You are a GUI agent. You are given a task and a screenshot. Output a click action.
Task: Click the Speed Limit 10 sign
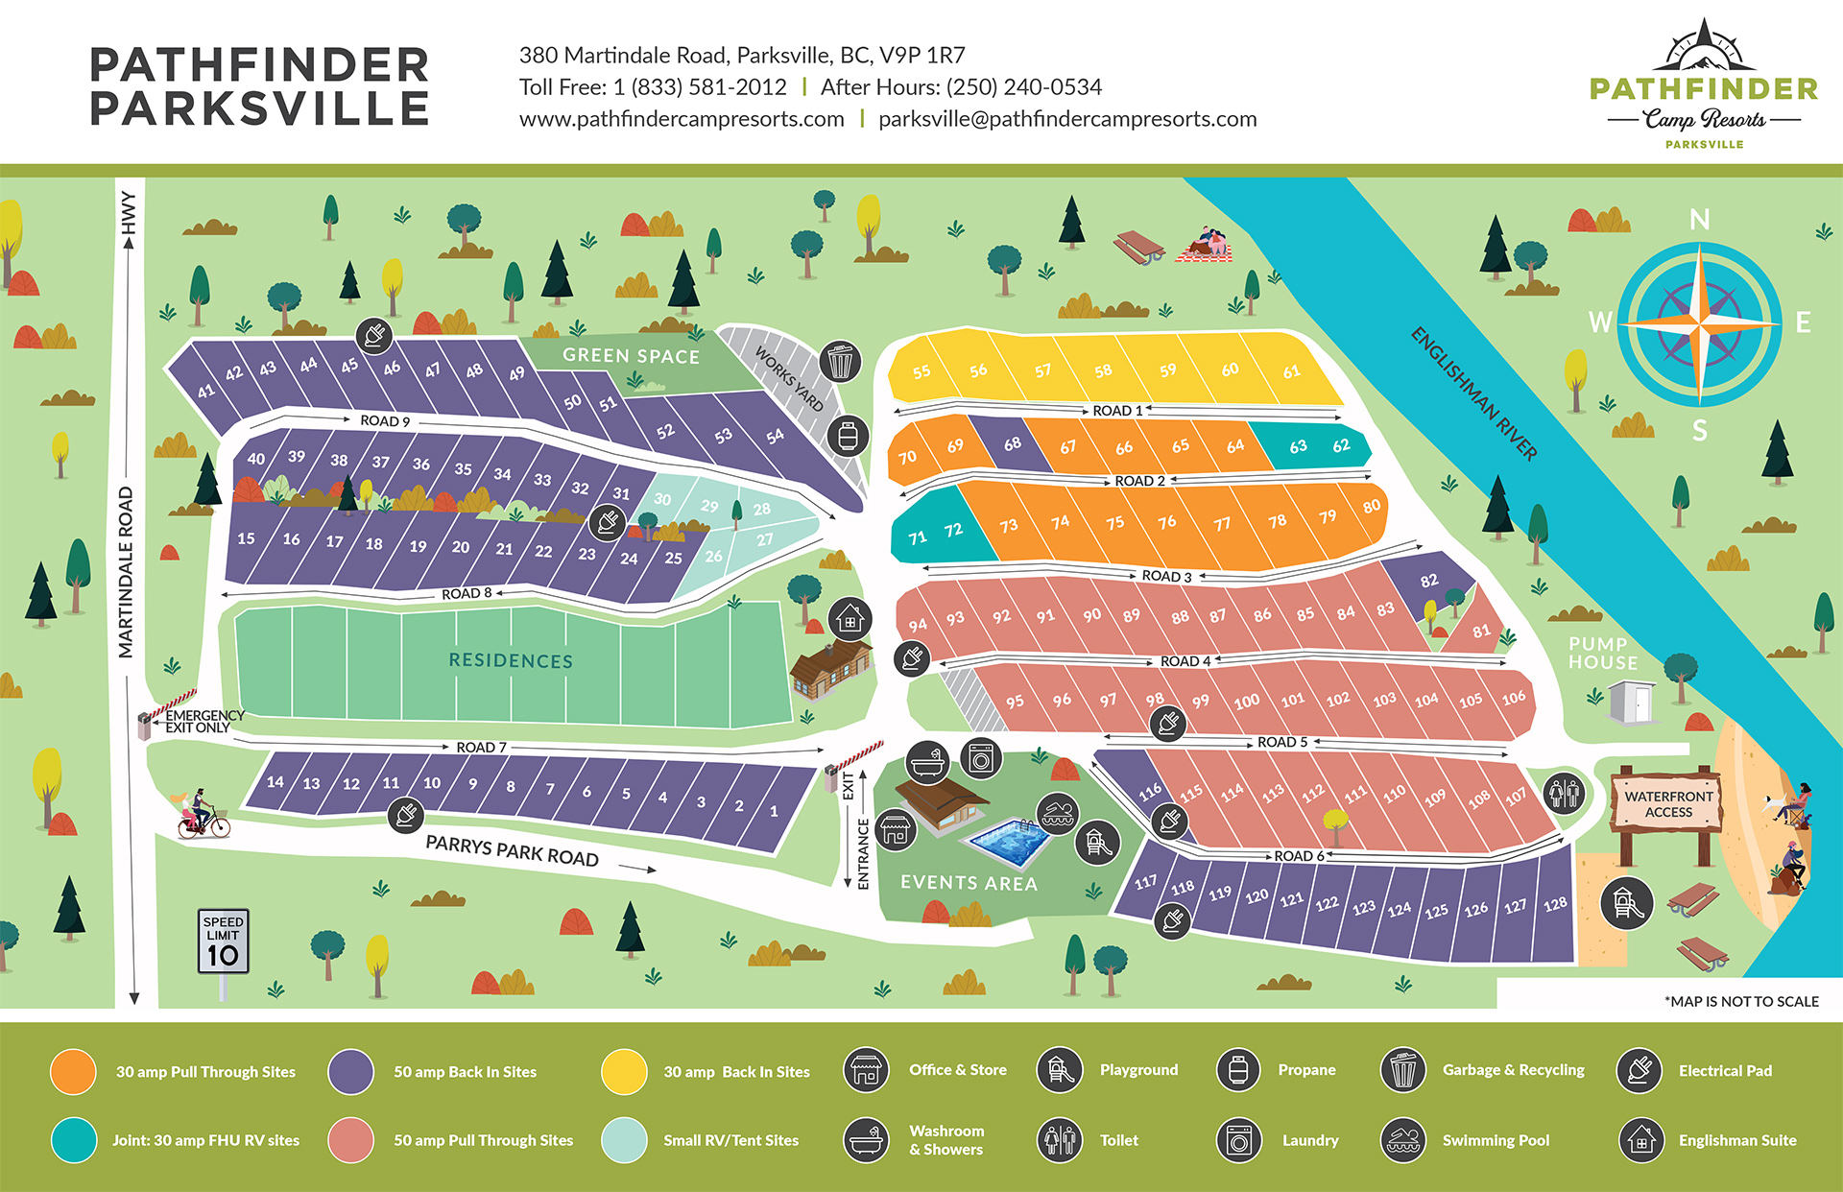[x=223, y=942]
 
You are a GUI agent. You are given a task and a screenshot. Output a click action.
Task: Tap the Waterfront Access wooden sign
[x=1668, y=804]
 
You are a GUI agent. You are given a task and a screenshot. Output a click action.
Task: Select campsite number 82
[x=1429, y=581]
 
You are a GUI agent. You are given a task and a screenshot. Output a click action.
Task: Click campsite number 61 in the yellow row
[x=1292, y=371]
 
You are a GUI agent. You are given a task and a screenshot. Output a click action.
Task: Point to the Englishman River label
[x=1473, y=393]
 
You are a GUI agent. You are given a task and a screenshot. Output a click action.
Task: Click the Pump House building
[x=1632, y=702]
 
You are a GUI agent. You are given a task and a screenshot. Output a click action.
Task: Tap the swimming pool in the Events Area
[x=1009, y=842]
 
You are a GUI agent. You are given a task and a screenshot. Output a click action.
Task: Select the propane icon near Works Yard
[x=848, y=436]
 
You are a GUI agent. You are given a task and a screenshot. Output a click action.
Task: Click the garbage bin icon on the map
[x=840, y=362]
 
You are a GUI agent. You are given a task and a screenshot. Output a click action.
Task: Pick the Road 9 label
[x=385, y=420]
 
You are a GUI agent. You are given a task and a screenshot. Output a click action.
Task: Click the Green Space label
[x=631, y=356]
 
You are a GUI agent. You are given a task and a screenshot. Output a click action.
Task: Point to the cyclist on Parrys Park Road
[x=201, y=816]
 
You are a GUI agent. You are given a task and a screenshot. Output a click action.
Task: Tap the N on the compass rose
[x=1699, y=220]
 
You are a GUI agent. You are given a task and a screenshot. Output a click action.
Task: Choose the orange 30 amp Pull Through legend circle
[x=73, y=1072]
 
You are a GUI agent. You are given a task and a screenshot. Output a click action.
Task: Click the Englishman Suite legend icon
[x=1640, y=1140]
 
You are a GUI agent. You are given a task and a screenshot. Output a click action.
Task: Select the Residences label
[x=511, y=661]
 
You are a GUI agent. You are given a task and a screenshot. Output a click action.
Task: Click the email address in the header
[x=1067, y=119]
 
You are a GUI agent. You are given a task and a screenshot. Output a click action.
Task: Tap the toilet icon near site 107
[x=1565, y=793]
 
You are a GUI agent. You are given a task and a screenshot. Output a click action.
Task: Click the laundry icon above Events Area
[x=980, y=759]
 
